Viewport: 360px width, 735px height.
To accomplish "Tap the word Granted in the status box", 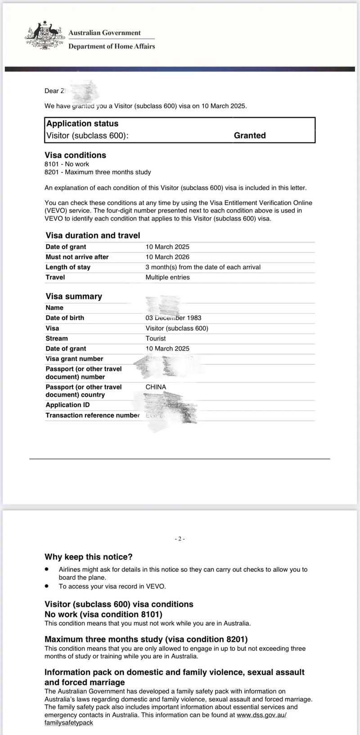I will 250,135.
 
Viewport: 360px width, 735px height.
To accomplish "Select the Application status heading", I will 82,124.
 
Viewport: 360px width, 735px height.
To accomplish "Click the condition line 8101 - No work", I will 67,164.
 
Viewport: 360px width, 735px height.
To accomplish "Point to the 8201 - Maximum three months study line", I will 98,172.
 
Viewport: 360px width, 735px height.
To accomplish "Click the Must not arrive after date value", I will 167,257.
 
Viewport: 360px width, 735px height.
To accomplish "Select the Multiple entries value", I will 167,277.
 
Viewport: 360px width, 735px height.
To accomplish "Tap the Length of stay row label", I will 68,267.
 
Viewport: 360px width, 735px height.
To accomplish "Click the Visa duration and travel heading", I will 93,235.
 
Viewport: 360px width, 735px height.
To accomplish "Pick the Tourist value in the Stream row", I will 155,338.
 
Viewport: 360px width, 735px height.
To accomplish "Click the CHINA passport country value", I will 156,387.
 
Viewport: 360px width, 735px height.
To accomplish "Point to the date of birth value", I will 173,318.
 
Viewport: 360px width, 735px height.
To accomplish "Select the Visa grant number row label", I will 74,359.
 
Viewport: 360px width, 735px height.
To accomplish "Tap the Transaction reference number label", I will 92,415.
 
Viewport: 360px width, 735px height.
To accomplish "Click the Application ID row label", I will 67,405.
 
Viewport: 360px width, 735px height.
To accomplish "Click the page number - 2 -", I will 180,539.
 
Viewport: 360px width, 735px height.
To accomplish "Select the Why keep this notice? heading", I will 89,557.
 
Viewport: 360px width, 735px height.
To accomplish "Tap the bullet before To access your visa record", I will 46,586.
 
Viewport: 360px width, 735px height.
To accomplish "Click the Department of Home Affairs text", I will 112,46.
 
